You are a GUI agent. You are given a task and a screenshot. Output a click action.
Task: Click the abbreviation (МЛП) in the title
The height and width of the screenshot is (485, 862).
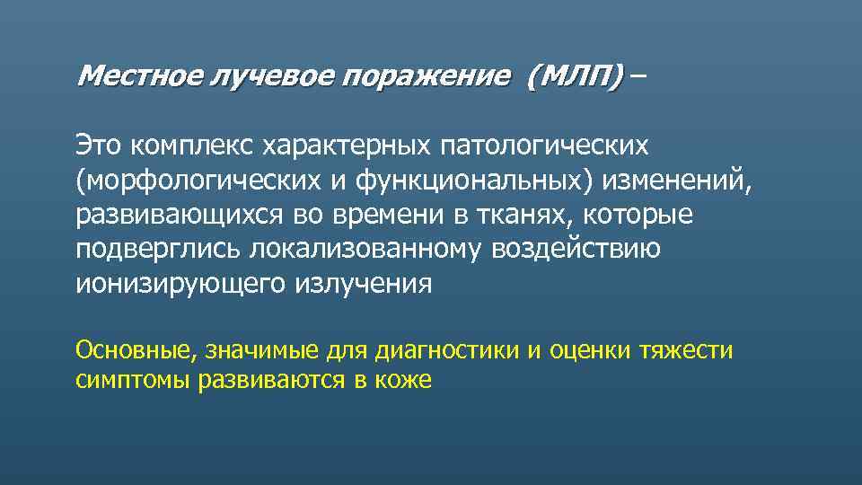tap(575, 77)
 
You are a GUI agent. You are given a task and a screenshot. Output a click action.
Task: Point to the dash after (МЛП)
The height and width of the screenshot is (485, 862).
tap(636, 77)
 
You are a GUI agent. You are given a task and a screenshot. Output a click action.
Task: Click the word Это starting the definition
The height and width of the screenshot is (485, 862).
tap(99, 144)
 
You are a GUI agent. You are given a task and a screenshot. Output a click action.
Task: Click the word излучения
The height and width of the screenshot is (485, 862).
tap(363, 284)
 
